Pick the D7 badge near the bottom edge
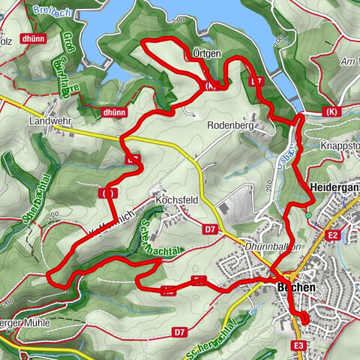coord(179,331)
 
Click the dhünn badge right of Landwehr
coord(112,112)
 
